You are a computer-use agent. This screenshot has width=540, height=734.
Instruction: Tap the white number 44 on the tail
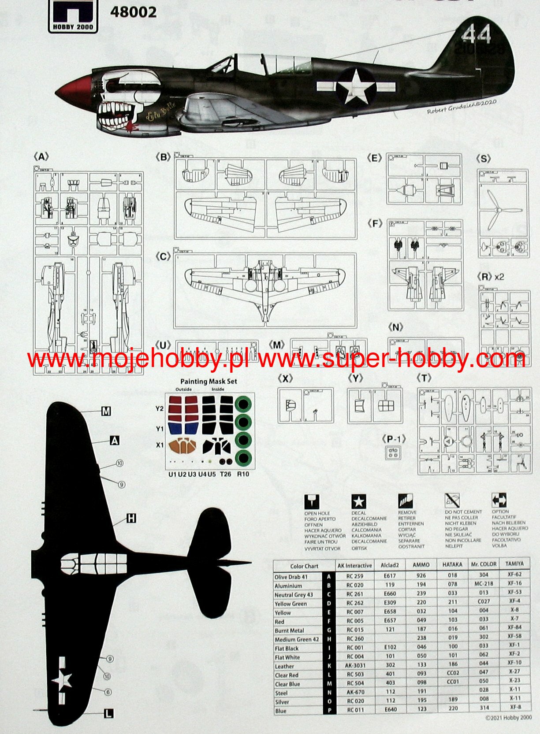pos(477,34)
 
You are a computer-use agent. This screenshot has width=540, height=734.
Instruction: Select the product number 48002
pos(133,12)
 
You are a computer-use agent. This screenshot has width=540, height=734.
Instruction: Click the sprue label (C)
pos(164,256)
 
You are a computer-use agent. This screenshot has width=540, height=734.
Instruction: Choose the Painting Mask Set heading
pos(209,381)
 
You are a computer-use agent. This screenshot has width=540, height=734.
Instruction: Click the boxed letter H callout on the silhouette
pos(131,519)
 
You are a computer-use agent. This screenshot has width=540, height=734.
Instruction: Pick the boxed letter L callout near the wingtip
pos(108,713)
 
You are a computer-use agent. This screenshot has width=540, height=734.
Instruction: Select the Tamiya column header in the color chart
pos(514,564)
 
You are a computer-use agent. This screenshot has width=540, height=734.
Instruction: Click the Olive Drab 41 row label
pos(291,577)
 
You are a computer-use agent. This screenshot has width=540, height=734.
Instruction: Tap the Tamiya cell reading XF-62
pos(514,575)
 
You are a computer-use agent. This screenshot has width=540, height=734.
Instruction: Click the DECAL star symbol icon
pos(358,501)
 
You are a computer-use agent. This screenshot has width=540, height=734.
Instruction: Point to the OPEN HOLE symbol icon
pos(312,501)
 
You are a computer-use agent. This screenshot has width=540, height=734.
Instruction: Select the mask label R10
pos(243,474)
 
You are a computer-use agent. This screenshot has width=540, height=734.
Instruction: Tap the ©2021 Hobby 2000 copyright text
pos(508,718)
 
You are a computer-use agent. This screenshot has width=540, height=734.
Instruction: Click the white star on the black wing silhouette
pos(62,680)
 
